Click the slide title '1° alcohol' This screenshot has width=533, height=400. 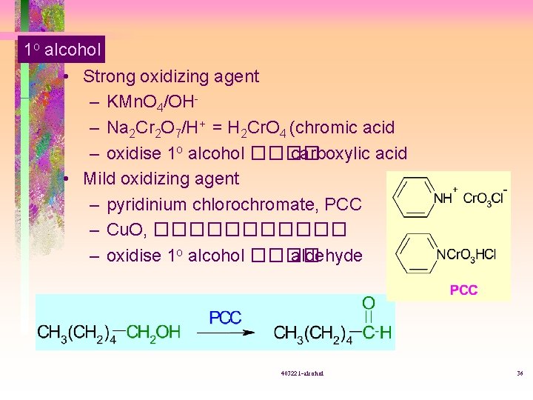[61, 50]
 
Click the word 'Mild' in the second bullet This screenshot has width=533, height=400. [99, 179]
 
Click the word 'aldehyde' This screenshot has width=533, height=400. [328, 256]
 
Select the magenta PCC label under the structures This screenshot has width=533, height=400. [463, 290]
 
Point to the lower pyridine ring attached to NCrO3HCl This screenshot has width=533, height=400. [415, 254]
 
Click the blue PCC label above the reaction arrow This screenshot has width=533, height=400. [225, 317]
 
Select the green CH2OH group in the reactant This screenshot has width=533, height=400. [154, 332]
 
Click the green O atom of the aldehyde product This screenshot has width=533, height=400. [368, 302]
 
